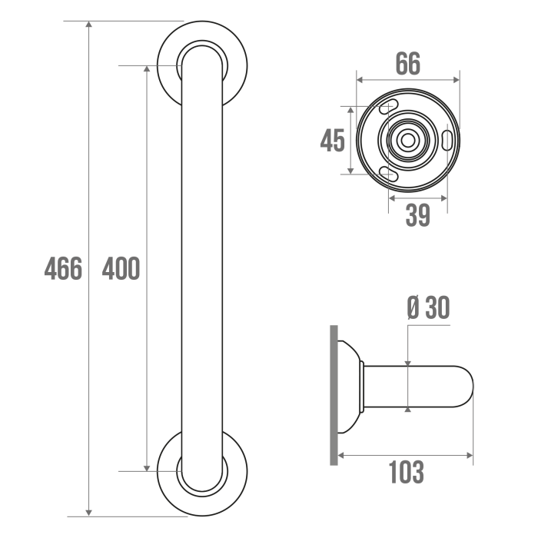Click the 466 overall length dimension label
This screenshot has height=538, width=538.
click(63, 268)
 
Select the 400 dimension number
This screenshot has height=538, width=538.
click(121, 268)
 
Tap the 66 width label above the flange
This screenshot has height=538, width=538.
click(407, 64)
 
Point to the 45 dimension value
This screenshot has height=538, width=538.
click(332, 141)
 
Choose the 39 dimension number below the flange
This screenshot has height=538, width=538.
click(417, 215)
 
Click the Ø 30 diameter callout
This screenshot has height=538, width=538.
click(428, 307)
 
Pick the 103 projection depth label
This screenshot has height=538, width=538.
click(407, 472)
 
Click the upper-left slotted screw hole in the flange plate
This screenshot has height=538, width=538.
click(388, 106)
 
